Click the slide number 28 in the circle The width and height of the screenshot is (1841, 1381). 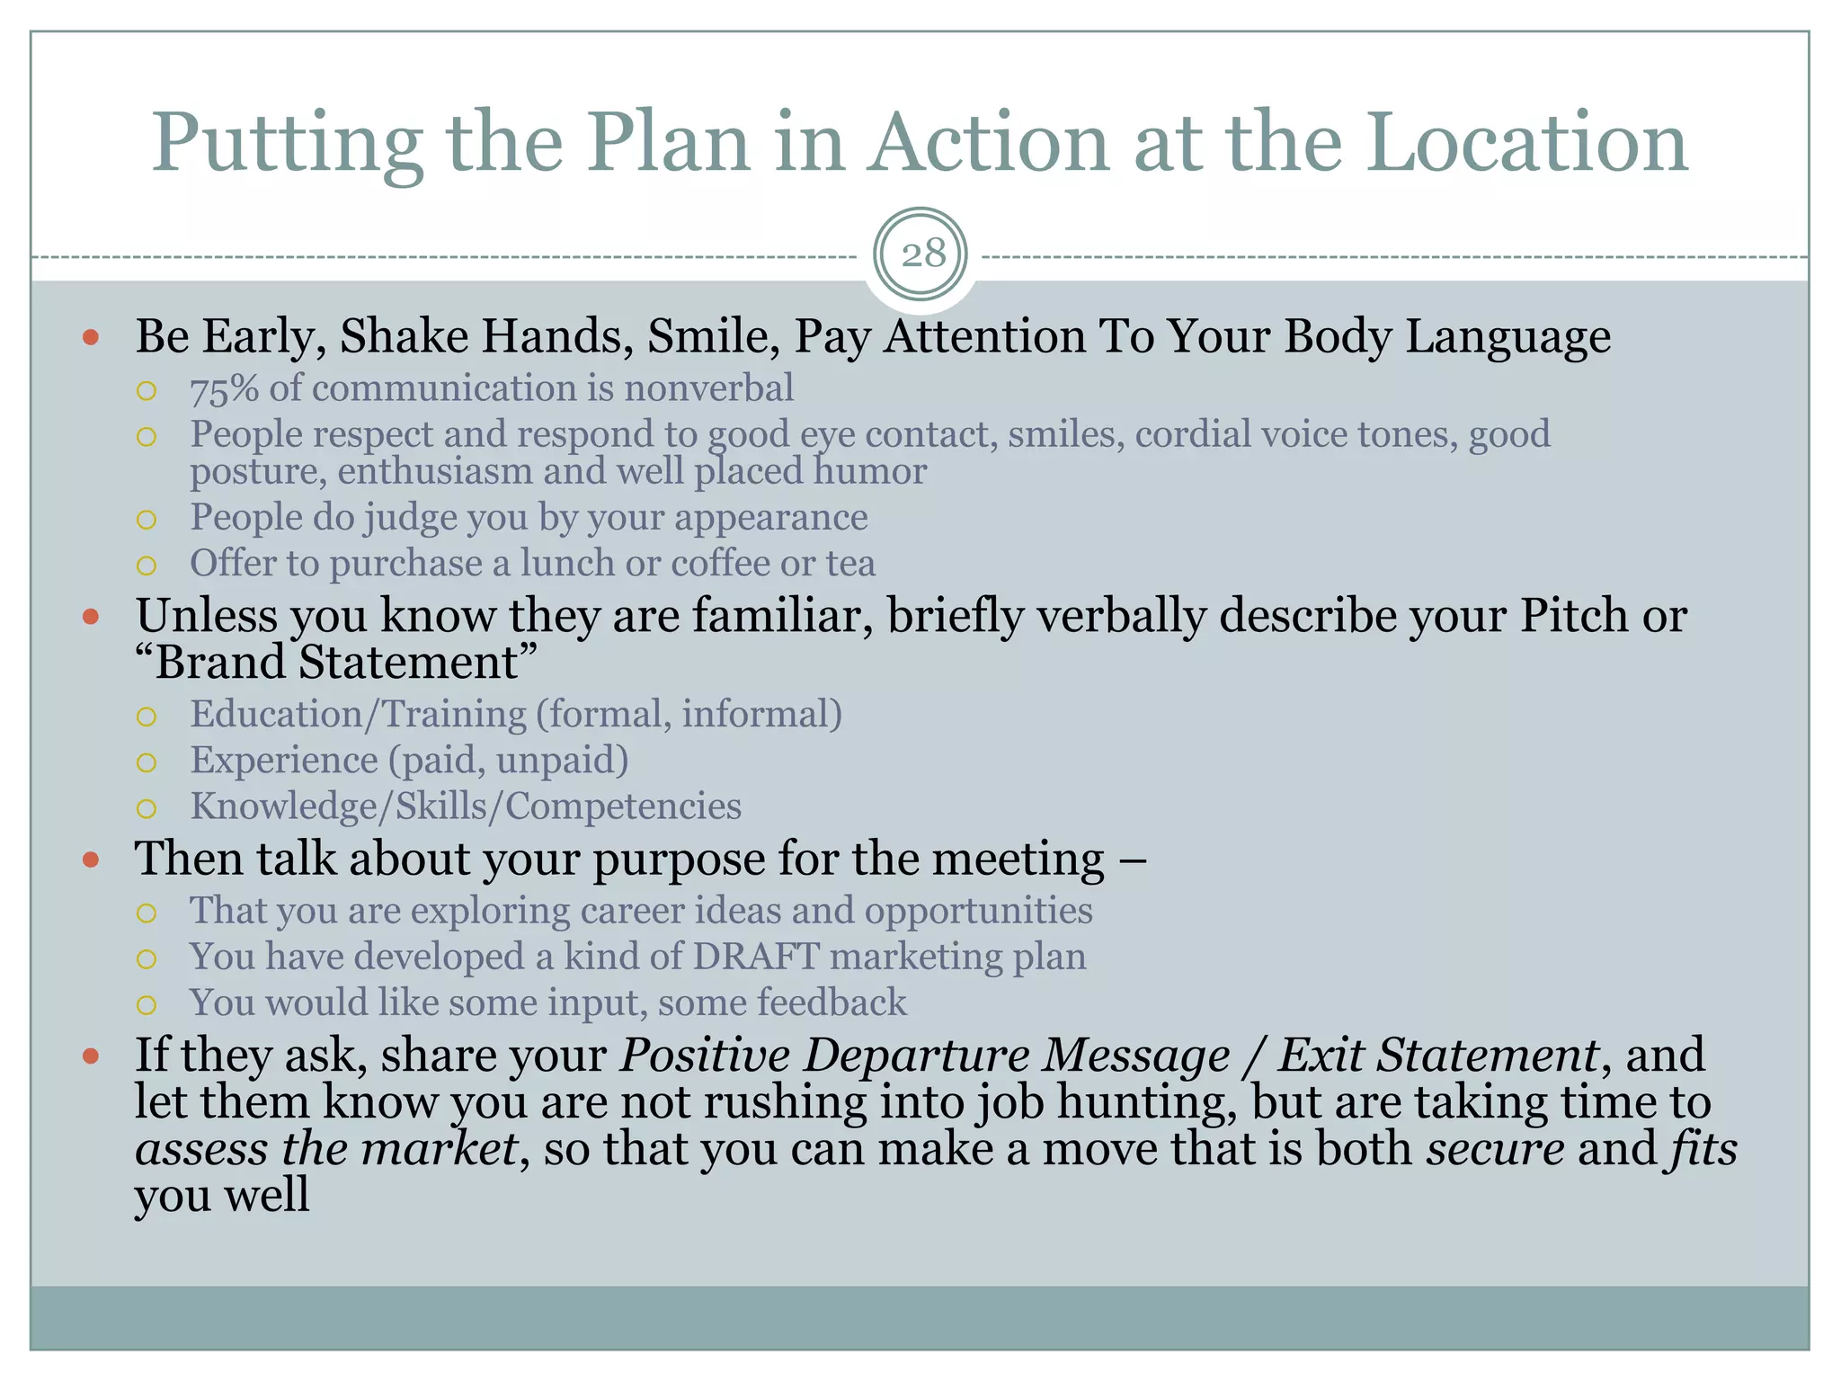point(922,254)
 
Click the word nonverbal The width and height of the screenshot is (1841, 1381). point(708,388)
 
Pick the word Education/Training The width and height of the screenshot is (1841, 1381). point(358,715)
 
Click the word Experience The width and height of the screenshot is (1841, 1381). point(283,761)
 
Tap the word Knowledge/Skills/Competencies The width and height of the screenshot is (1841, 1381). point(466,806)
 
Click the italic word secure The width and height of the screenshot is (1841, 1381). point(1494,1149)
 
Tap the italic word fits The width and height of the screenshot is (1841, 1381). point(1703,1149)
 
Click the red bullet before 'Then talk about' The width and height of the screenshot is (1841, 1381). point(91,860)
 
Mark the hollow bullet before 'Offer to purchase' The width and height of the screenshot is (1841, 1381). point(147,566)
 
